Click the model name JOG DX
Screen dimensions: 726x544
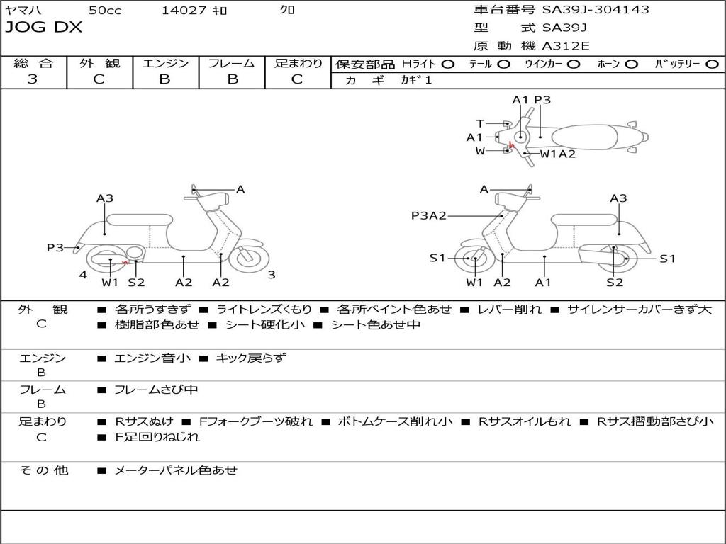click(x=43, y=28)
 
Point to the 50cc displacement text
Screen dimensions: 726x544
click(x=105, y=10)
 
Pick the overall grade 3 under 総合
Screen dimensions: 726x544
click(x=33, y=79)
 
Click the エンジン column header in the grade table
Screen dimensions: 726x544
click(x=165, y=63)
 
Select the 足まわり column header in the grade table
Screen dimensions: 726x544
click(x=298, y=63)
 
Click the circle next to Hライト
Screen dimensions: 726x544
click(x=448, y=64)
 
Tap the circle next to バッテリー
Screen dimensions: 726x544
click(x=712, y=64)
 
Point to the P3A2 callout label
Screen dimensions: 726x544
click(x=428, y=215)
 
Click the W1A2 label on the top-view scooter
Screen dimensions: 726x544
click(x=557, y=153)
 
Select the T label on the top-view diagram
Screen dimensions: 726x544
click(x=480, y=123)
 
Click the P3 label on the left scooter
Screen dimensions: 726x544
click(x=55, y=247)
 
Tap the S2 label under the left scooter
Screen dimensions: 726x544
click(x=136, y=282)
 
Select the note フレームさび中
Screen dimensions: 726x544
click(x=156, y=390)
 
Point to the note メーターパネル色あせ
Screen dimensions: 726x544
click(x=175, y=470)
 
